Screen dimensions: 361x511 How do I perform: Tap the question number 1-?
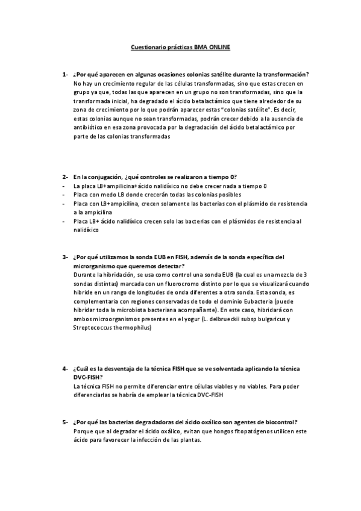[x=64, y=74]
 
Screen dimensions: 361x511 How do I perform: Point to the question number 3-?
[x=64, y=257]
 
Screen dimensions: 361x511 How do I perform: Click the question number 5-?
[x=64, y=422]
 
